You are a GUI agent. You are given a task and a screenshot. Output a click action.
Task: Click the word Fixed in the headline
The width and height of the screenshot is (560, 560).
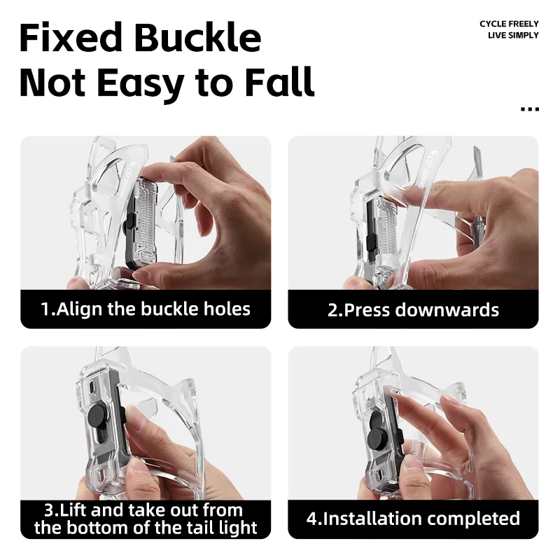click(x=71, y=38)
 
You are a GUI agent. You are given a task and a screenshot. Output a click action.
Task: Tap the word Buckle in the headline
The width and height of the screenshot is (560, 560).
click(x=198, y=37)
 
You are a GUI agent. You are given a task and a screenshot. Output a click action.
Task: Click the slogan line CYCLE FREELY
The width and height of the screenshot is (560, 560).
click(x=509, y=24)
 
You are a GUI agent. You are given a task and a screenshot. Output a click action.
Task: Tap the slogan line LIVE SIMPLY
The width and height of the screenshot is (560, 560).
click(x=513, y=36)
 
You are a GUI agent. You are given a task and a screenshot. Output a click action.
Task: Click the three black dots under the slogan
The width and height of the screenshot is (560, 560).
click(x=530, y=109)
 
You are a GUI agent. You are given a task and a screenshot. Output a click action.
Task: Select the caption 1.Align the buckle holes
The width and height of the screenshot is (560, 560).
click(x=146, y=309)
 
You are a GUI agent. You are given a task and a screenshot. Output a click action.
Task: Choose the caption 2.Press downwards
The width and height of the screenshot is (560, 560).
click(x=413, y=310)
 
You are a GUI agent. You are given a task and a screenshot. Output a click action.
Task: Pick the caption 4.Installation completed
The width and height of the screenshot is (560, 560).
click(x=413, y=519)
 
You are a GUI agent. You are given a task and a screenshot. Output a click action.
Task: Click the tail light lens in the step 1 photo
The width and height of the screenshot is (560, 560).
click(x=145, y=221)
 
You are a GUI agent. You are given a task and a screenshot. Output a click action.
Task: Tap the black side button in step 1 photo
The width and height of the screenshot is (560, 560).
click(x=129, y=222)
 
